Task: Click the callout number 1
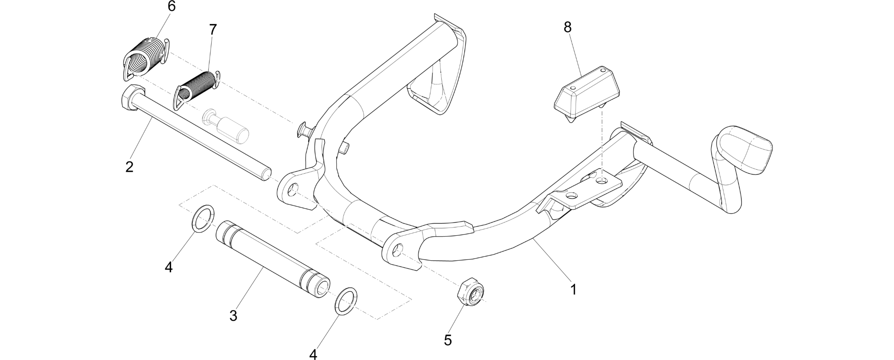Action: pos(573,290)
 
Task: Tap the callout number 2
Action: pos(129,167)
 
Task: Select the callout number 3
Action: pos(233,315)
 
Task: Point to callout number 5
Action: pos(447,340)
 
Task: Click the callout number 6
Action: pos(171,7)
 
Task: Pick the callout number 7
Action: pos(213,30)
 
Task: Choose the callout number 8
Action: pos(567,27)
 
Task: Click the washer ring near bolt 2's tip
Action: pos(203,218)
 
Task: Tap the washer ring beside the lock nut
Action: pos(346,301)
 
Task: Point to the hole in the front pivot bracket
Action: pos(397,251)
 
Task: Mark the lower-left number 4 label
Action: pos(169,266)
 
